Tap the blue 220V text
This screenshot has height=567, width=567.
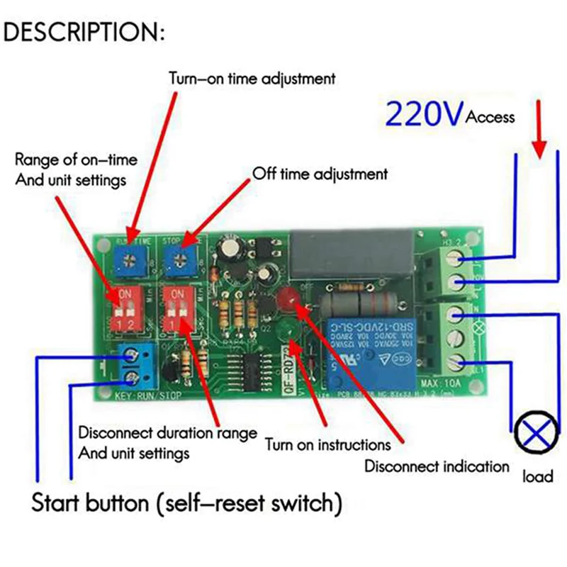(423, 113)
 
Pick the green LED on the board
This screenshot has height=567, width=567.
(287, 330)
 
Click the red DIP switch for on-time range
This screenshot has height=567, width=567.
(121, 308)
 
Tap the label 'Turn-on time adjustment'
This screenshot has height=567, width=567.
(252, 79)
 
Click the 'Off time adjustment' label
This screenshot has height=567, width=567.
(320, 173)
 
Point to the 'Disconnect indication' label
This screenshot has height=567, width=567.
(437, 466)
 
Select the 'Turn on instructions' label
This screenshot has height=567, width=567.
(327, 445)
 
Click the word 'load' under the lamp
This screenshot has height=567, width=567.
(537, 476)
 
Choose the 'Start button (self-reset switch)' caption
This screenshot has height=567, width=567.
(182, 504)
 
